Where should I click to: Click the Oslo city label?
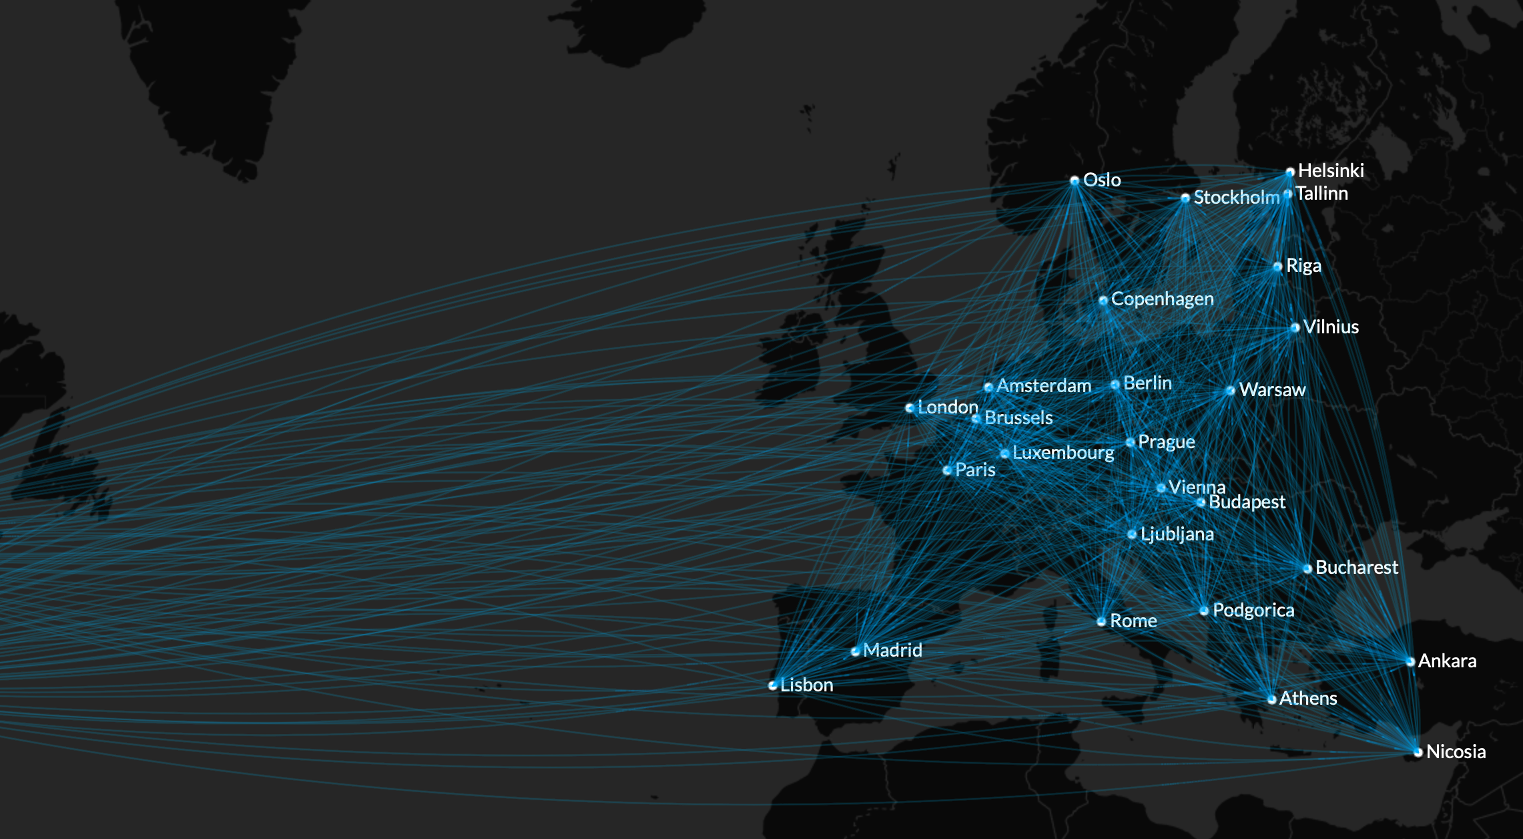pyautogui.click(x=1101, y=180)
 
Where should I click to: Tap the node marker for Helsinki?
pyautogui.click(x=1290, y=172)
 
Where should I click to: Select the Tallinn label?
pyautogui.click(x=1321, y=193)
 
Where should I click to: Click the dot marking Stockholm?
pyautogui.click(x=1185, y=198)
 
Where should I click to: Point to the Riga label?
pyautogui.click(x=1303, y=265)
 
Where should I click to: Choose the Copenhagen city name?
pyautogui.click(x=1162, y=299)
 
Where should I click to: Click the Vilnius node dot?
pyautogui.click(x=1295, y=327)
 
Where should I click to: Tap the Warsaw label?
pyautogui.click(x=1272, y=389)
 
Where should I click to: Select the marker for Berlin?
pyautogui.click(x=1115, y=384)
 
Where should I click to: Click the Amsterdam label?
pyautogui.click(x=1044, y=385)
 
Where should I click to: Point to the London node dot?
pyautogui.click(x=910, y=407)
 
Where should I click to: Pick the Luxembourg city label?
pyautogui.click(x=1063, y=452)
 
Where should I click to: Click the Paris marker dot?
pyautogui.click(x=947, y=470)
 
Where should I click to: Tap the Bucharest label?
pyautogui.click(x=1357, y=567)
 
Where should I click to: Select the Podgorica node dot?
pyautogui.click(x=1204, y=611)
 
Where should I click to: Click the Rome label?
pyautogui.click(x=1133, y=621)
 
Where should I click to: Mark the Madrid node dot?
pyautogui.click(x=856, y=651)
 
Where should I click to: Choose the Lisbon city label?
pyautogui.click(x=806, y=685)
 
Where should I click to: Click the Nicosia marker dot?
pyautogui.click(x=1418, y=752)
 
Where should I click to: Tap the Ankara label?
pyautogui.click(x=1447, y=661)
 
